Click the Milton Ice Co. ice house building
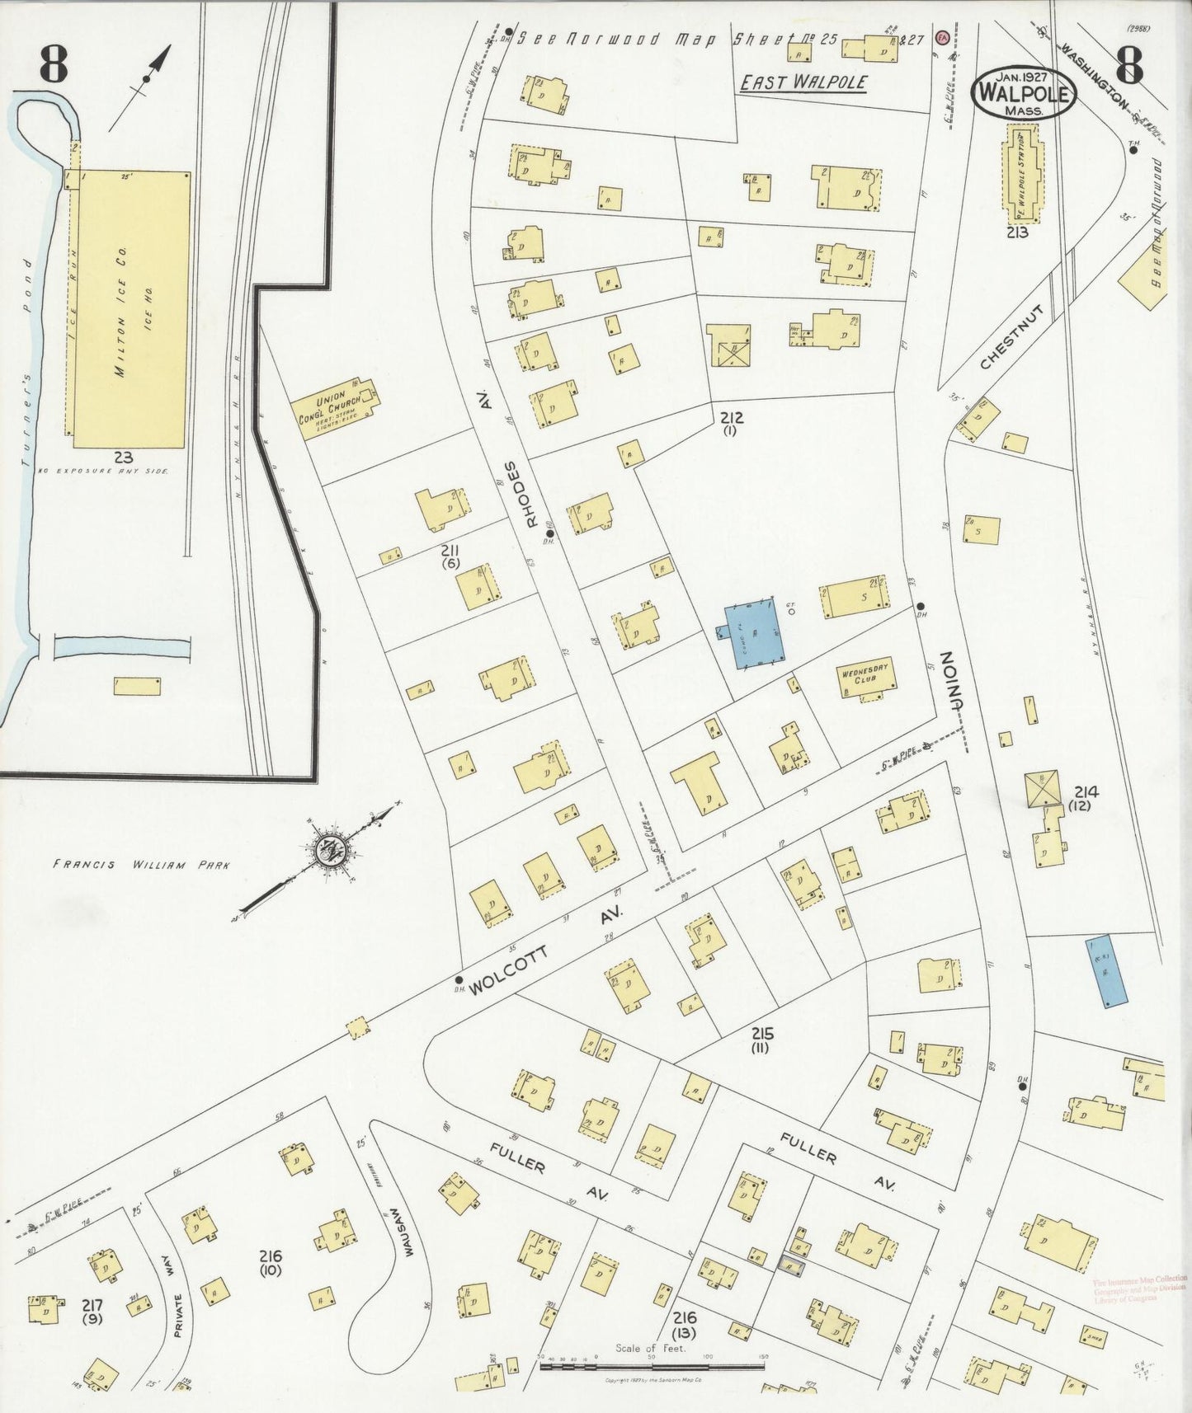tap(132, 309)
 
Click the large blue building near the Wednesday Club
tap(753, 633)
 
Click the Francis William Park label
tap(140, 865)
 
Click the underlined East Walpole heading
tap(802, 82)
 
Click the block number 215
tap(761, 1034)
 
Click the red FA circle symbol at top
tap(941, 37)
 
